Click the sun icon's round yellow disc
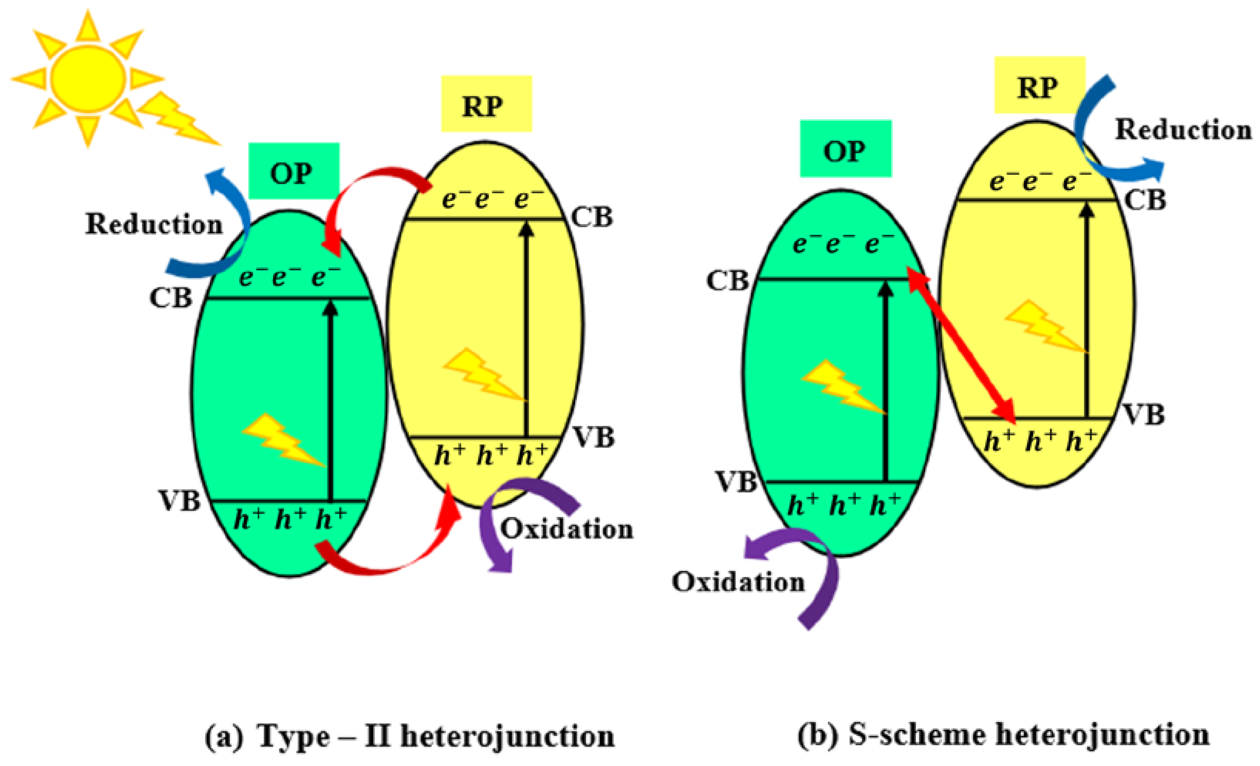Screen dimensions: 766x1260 (88, 78)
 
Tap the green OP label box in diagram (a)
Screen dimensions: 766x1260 (294, 171)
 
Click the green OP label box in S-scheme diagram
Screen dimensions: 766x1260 (845, 149)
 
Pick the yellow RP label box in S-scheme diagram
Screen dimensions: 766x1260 (1039, 85)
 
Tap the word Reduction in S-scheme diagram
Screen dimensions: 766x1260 (1183, 129)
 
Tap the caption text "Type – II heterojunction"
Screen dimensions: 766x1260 (436, 736)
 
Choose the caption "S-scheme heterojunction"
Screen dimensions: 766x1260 (1029, 735)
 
